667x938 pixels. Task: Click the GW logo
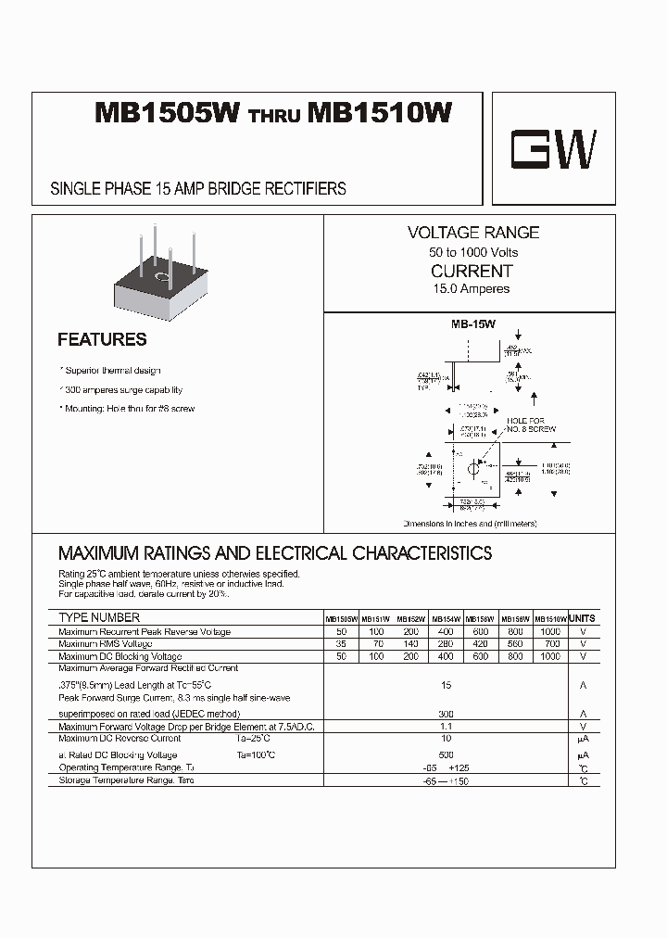(x=554, y=149)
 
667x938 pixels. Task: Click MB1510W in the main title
(x=380, y=113)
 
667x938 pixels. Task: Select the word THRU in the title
(x=273, y=117)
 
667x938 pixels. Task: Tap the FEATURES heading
(x=102, y=339)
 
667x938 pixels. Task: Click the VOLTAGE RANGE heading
(x=472, y=233)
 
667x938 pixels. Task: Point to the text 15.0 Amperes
(x=472, y=288)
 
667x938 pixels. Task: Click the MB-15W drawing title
(x=473, y=324)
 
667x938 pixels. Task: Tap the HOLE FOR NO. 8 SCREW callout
(x=530, y=425)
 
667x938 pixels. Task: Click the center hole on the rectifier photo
(x=160, y=275)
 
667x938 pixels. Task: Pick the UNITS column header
(x=583, y=618)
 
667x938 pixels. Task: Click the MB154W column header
(x=446, y=619)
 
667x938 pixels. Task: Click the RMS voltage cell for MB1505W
(x=341, y=643)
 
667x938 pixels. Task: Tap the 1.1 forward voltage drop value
(x=447, y=728)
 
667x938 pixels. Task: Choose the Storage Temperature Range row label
(x=127, y=780)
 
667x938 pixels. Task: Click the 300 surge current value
(x=447, y=715)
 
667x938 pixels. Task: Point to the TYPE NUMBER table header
(x=99, y=617)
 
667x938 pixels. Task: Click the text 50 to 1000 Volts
(x=472, y=252)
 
